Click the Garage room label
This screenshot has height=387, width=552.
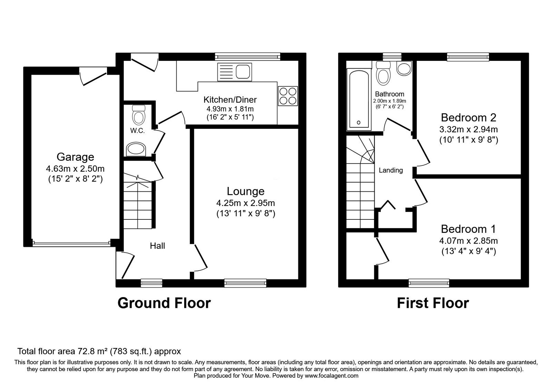tap(75, 157)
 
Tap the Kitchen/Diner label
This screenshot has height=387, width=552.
tap(230, 100)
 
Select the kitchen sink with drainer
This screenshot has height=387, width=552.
tap(235, 72)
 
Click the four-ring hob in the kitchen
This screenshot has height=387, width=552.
tap(288, 96)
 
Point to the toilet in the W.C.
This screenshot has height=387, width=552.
tap(138, 115)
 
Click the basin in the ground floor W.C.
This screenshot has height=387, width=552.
tap(136, 149)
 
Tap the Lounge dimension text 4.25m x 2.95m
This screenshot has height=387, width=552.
tap(245, 203)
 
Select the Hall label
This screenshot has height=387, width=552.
tap(157, 246)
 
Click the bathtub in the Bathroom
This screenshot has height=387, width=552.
tap(359, 100)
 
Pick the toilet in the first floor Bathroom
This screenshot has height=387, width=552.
tap(383, 73)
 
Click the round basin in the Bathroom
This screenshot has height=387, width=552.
tap(404, 68)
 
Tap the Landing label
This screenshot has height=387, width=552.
tap(391, 170)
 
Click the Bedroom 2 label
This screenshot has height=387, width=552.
tap(469, 117)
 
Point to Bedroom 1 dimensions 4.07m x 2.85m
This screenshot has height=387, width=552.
tap(469, 240)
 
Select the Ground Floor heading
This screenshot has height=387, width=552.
tap(164, 303)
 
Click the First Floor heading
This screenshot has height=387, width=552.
tap(433, 303)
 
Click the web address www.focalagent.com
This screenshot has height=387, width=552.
tap(332, 376)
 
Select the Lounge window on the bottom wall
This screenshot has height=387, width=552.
tap(245, 283)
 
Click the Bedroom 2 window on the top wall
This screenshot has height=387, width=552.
tap(468, 57)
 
